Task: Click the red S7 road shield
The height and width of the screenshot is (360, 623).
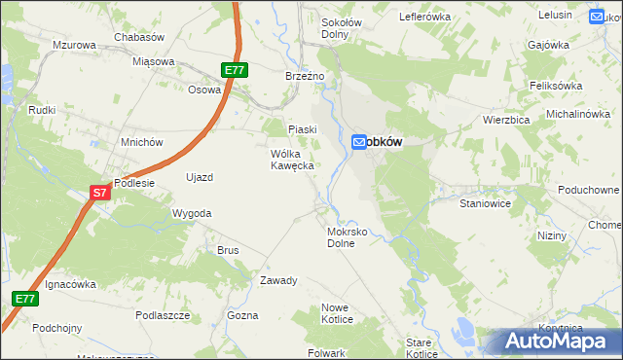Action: [99, 194]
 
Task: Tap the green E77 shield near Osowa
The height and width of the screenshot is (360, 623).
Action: [234, 70]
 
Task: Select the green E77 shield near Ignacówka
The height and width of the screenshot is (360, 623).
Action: [25, 299]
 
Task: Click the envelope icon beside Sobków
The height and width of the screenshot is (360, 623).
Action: [359, 142]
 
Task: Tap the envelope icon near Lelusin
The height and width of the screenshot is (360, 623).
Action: [598, 16]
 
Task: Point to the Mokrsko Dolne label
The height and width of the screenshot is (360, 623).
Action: [347, 238]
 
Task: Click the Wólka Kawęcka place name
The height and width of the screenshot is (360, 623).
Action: [291, 160]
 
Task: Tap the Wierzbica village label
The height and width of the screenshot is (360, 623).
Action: [505, 120]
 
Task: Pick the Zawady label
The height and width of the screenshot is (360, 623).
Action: [277, 280]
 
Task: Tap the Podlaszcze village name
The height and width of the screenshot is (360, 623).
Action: [163, 315]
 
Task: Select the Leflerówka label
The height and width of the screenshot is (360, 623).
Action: [425, 17]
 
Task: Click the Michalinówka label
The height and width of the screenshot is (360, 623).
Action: [577, 114]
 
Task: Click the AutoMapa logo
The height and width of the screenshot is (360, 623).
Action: [563, 342]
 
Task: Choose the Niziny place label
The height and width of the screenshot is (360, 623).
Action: [552, 236]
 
